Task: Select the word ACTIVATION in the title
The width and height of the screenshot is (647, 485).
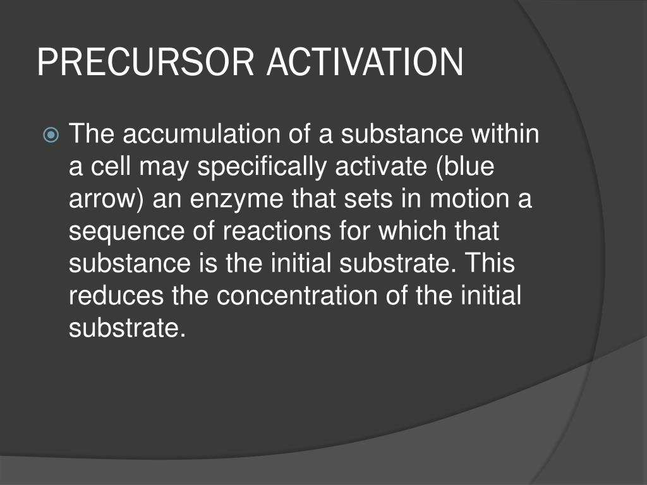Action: coord(365,62)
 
